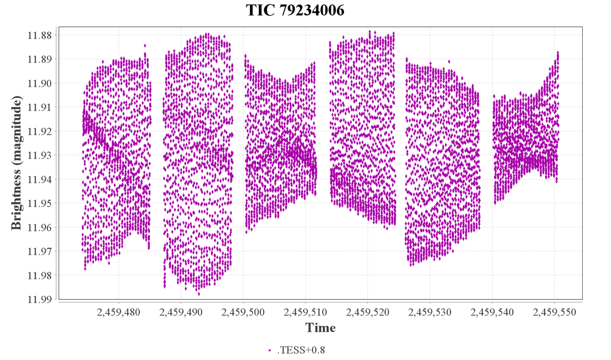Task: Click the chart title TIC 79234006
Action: click(x=295, y=10)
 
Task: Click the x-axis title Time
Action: click(x=321, y=328)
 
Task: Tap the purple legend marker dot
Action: click(x=270, y=350)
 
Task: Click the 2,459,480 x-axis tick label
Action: click(x=118, y=312)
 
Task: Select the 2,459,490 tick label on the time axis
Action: click(x=181, y=312)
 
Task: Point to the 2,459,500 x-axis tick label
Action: click(x=243, y=312)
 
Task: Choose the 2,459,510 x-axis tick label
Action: click(x=305, y=312)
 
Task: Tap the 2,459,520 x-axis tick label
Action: click(x=368, y=312)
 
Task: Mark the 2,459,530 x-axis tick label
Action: click(x=430, y=312)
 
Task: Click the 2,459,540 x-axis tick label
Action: click(x=493, y=312)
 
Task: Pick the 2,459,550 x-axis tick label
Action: click(x=555, y=312)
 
